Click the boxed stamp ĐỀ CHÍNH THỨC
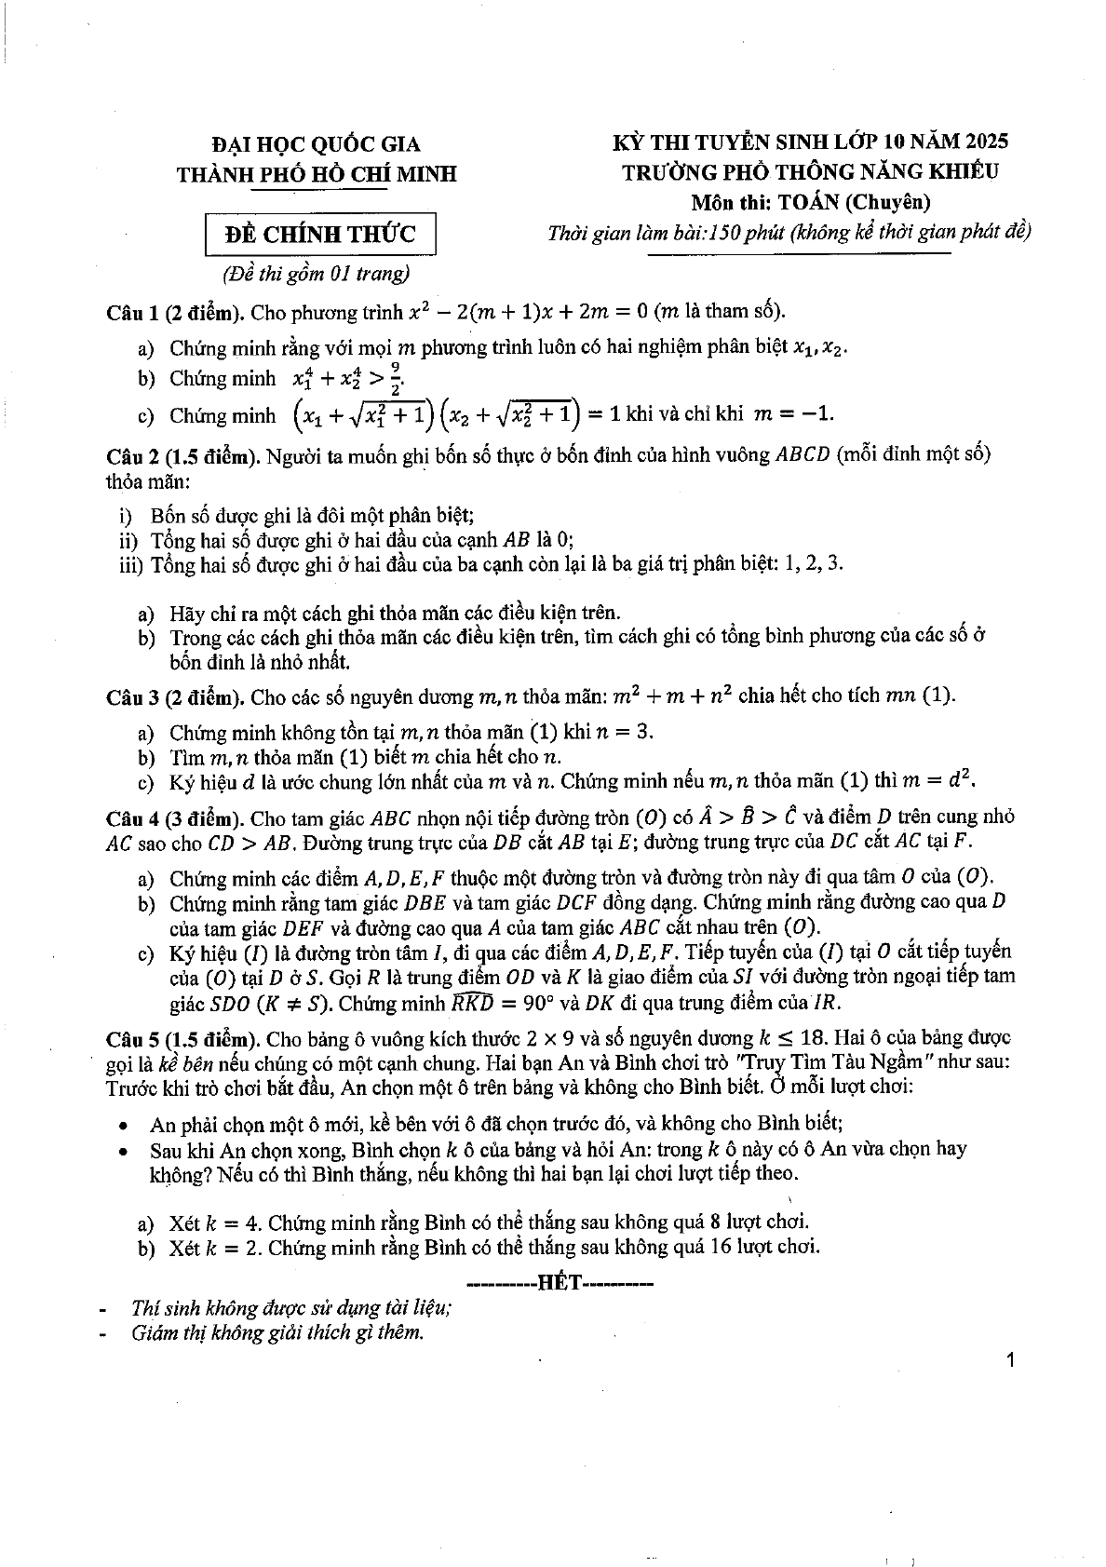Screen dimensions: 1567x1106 (x=321, y=235)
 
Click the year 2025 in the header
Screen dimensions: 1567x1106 (x=978, y=142)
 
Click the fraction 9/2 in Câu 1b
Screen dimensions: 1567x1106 (x=395, y=379)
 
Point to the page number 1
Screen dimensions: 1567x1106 (x=1011, y=1360)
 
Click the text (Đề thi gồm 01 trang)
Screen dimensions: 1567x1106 (x=316, y=274)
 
